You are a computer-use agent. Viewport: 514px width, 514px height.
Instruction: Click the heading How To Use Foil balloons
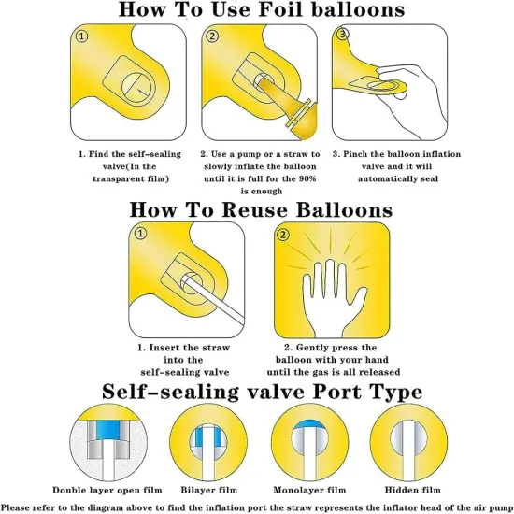262,9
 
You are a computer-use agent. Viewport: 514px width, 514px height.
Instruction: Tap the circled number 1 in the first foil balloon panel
81,36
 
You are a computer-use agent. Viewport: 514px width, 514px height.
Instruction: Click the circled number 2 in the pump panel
212,36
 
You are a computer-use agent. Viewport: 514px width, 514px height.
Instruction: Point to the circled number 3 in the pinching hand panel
343,34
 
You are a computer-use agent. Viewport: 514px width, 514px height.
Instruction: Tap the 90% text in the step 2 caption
307,178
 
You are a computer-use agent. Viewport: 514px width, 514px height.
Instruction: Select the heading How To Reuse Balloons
261,209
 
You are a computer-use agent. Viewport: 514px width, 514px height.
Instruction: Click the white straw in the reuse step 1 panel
213,299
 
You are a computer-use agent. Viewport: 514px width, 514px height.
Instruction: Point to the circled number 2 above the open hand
283,235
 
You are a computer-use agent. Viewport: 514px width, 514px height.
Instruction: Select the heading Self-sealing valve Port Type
263,392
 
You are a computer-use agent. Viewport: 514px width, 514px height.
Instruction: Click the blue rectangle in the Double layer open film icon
107,430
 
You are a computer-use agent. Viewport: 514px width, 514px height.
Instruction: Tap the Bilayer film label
209,490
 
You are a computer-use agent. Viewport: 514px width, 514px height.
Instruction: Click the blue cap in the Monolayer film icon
308,425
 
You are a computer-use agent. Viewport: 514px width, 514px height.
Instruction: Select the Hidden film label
412,490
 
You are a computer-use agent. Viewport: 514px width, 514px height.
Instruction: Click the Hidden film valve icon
408,442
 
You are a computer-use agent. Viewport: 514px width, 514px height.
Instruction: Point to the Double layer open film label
107,490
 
